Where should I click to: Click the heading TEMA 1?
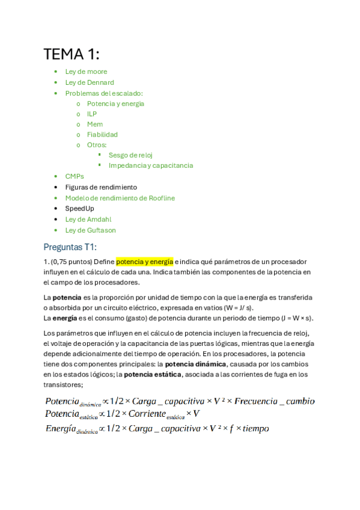tap(72, 54)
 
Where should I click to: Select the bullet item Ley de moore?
tap(86, 72)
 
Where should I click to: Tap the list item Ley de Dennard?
tap(90, 82)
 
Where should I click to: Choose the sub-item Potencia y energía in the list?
tap(115, 103)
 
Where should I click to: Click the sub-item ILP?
tap(92, 114)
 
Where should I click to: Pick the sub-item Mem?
tap(95, 124)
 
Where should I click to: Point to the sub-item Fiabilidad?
tap(102, 135)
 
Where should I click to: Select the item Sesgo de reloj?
tap(130, 155)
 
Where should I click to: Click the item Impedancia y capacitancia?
tap(151, 165)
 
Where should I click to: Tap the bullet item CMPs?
tap(75, 176)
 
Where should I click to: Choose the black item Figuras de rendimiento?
tap(101, 187)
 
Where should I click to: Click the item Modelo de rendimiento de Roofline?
tap(120, 198)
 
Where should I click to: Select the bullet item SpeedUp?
tap(80, 208)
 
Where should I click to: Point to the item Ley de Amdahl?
tap(88, 220)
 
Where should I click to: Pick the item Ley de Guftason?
tap(91, 230)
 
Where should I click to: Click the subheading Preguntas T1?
tap(70, 247)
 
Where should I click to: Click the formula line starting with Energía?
tap(156, 429)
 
